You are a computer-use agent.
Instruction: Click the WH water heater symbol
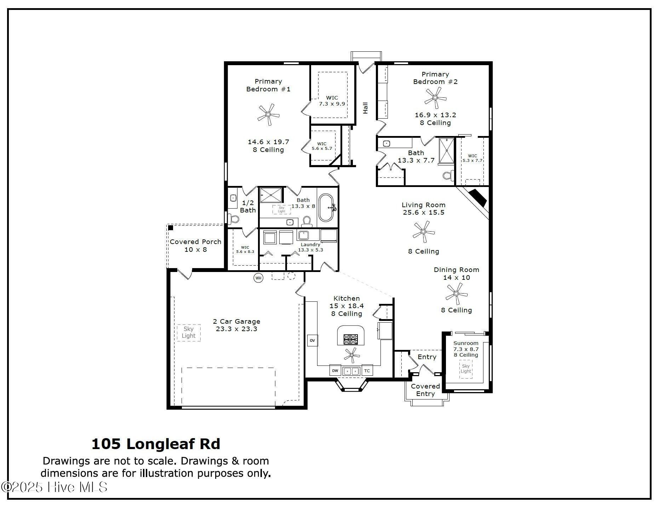coord(258,278)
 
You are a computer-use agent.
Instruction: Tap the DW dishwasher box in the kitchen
coord(335,371)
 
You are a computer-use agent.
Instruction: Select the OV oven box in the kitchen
coord(312,340)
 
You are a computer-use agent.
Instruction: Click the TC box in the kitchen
coord(367,371)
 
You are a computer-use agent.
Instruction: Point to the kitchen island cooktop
coord(351,339)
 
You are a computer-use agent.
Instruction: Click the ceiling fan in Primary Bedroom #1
coord(268,114)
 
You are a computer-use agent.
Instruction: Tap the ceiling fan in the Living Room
coord(423,232)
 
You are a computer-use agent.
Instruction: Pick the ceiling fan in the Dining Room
coord(457,294)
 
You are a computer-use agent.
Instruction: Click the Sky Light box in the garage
coord(189,333)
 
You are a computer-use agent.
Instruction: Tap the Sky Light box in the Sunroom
coord(466,369)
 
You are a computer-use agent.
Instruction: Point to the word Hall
coord(365,108)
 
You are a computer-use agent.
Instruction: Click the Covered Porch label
coord(195,242)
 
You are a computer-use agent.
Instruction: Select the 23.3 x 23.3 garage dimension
coord(237,329)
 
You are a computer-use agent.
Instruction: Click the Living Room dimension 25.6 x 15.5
coord(424,212)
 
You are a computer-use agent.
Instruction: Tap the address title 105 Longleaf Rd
coord(156,444)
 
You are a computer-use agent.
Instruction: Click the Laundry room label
coord(310,244)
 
